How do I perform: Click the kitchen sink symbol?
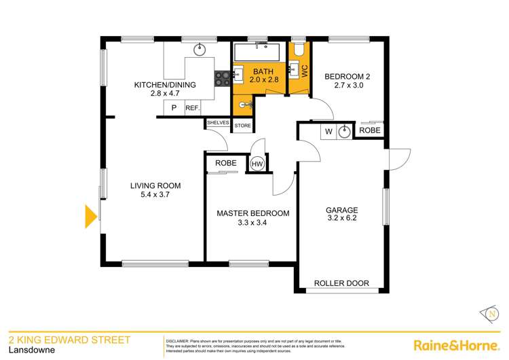click(x=200, y=49)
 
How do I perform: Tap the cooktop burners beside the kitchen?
click(x=223, y=78)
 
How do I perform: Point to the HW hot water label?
click(x=257, y=164)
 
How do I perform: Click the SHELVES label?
click(x=217, y=122)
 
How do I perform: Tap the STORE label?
click(x=242, y=126)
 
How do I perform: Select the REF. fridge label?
click(x=192, y=107)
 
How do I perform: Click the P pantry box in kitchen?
click(x=174, y=107)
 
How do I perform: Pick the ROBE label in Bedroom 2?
click(x=370, y=130)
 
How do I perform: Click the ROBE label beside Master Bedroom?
click(x=226, y=164)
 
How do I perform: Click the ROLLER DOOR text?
click(x=341, y=283)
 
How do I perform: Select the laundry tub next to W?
click(x=345, y=130)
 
